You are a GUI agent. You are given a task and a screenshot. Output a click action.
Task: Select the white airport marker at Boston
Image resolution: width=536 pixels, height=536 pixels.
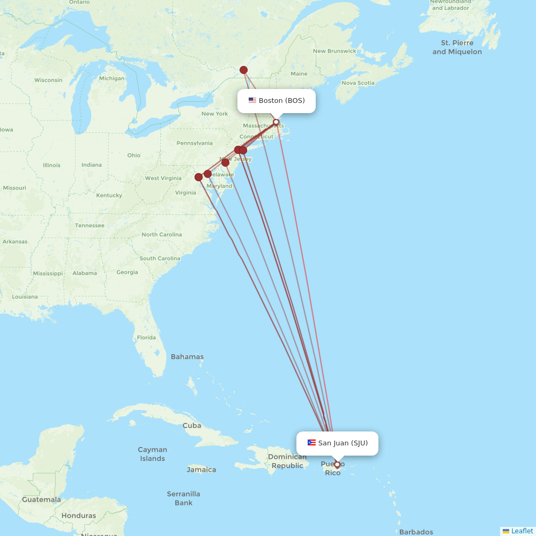pos(276,122)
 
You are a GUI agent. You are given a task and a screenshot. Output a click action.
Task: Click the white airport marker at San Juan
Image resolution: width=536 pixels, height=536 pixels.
pos(337,464)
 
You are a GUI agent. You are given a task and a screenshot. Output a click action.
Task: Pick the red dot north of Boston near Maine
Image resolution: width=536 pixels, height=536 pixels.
pos(244,70)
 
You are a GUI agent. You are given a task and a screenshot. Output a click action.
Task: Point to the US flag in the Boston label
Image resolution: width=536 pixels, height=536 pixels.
pos(252,100)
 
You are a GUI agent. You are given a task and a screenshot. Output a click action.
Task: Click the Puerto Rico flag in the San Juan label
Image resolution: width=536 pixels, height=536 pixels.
pos(311,443)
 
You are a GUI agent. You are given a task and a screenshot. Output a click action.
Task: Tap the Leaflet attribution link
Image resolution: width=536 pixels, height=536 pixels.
pos(522,531)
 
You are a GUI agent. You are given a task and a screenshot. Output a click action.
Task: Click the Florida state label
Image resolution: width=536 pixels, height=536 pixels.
pos(146,338)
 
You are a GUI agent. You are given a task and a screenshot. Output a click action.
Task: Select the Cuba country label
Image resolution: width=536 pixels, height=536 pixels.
pos(192,426)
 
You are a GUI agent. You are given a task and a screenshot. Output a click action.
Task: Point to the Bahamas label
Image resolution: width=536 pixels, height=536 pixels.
pos(187,356)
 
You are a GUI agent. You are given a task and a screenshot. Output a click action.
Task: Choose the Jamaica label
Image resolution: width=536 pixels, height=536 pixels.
pos(202,470)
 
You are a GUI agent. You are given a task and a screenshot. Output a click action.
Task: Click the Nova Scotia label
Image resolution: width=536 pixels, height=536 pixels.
pos(358,83)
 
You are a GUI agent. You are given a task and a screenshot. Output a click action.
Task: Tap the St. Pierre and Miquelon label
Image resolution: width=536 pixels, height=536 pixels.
pos(457,47)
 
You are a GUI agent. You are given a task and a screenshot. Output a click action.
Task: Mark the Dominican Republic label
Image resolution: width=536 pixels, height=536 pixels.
pos(287,461)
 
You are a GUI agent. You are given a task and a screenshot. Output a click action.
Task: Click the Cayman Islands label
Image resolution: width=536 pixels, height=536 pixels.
pos(153,454)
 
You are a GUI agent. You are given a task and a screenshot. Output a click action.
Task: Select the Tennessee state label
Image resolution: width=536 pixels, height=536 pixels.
pos(90,225)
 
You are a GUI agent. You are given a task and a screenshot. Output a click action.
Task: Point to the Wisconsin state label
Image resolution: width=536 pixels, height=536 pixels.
pos(48,80)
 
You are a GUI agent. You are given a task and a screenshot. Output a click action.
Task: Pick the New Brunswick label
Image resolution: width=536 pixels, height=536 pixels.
pos(334,51)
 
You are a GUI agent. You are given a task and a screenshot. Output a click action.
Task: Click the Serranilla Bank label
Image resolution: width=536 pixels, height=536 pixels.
pos(183,498)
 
